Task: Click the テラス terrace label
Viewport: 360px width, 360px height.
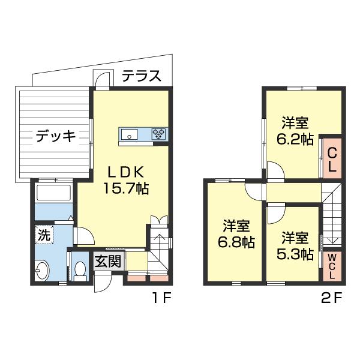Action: (142, 76)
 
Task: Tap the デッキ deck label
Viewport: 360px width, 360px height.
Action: (55, 137)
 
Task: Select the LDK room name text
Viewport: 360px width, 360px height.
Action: (124, 170)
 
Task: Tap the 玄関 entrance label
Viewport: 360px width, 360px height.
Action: (109, 262)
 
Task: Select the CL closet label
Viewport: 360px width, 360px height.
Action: (332, 160)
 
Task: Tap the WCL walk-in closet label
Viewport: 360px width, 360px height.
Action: (332, 266)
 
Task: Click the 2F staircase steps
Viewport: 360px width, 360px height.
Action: (332, 216)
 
